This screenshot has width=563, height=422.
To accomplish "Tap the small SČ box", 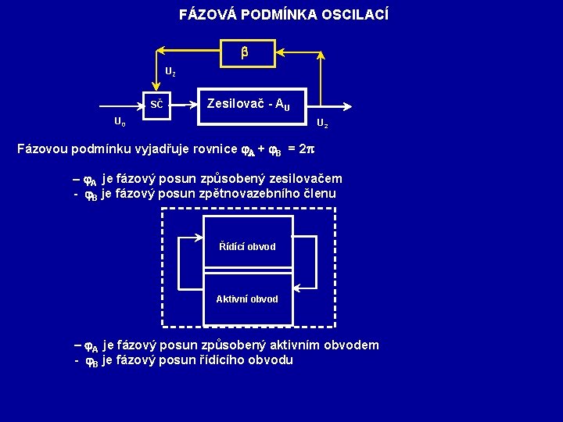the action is click(157, 105).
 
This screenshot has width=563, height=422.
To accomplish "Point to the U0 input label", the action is click(120, 122).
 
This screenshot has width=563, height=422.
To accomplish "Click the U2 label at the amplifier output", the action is click(322, 124).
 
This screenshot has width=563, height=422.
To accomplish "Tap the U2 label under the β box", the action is click(170, 72).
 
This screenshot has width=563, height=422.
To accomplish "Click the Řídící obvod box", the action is click(247, 245).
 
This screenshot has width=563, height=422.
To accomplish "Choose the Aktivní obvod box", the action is click(247, 299).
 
